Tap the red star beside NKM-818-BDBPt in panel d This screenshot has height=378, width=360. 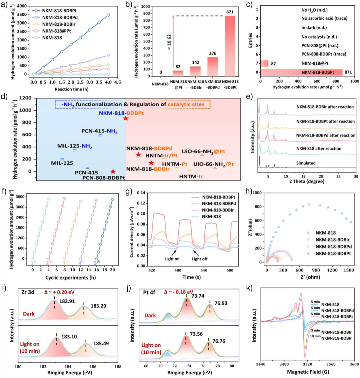click(126, 118)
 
